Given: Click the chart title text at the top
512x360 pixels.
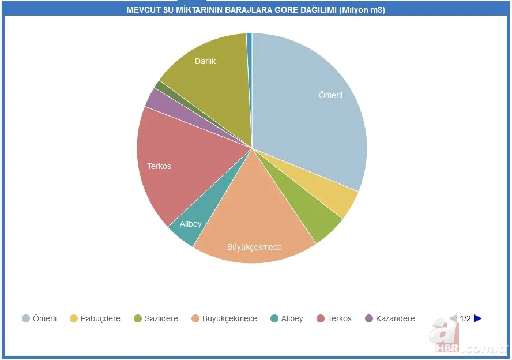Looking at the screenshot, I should tap(255, 10).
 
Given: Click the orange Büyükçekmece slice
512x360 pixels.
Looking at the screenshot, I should tap(254, 225).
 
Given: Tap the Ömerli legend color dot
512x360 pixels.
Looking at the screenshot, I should tap(26, 318).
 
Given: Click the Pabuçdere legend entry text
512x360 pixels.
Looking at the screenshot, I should tap(100, 318).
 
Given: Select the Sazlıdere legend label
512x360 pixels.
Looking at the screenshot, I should tap(161, 318).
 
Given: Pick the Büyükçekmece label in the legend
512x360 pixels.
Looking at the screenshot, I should tap(229, 318).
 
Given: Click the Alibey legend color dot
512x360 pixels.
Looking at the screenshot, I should tap(274, 318).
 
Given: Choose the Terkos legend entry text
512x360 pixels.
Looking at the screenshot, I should tap(340, 318).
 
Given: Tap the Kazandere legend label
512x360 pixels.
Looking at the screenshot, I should tap(395, 318).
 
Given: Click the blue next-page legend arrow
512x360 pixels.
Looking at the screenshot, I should tap(477, 318).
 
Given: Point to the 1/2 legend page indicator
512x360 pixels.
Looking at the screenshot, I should tap(465, 318).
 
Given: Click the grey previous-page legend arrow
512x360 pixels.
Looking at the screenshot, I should tap(453, 318).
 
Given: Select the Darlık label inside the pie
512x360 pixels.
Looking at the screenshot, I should tap(205, 61).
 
